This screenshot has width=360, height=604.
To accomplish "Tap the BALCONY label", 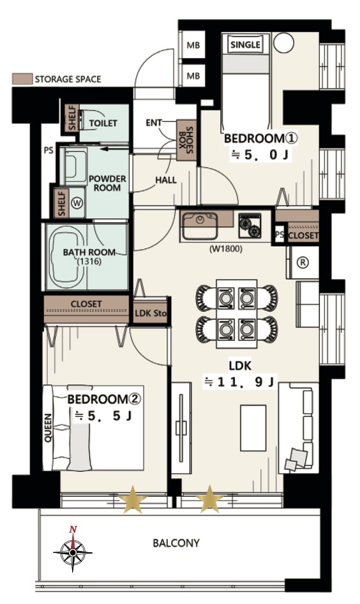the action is (176, 543).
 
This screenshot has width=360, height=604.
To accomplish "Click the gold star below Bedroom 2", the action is (133, 500).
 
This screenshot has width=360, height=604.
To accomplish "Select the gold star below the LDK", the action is (210, 499).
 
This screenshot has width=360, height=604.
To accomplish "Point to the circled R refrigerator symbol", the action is (303, 262).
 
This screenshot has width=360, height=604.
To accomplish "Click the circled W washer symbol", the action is (77, 203).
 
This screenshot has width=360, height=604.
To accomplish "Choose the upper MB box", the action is (193, 45).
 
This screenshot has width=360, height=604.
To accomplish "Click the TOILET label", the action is (103, 123).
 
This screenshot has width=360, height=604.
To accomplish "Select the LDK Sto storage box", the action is (151, 313).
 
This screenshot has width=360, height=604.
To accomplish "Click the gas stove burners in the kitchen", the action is (250, 225).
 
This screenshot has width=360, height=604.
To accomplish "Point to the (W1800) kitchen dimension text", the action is (226, 249).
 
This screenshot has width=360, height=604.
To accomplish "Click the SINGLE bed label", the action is (245, 45).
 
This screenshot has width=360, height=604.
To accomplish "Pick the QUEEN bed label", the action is (48, 428).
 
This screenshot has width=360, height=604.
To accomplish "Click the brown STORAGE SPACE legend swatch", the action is (22, 79).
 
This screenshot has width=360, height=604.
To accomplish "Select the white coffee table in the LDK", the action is (253, 428).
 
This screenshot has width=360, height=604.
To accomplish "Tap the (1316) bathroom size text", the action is (89, 262).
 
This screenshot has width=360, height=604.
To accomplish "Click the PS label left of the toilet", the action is (49, 150).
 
